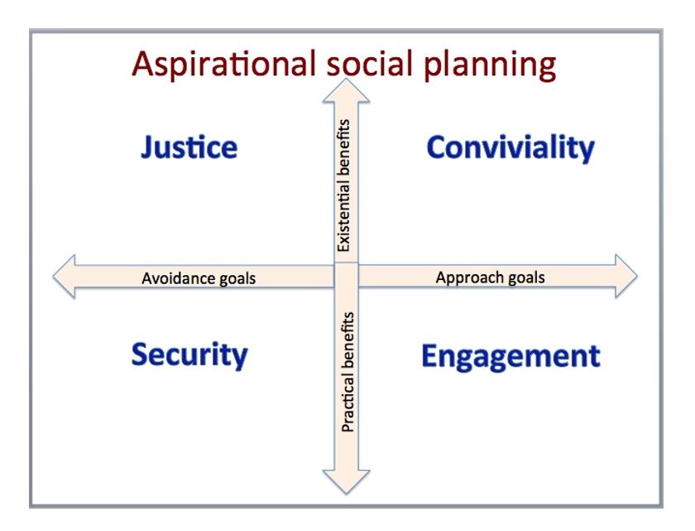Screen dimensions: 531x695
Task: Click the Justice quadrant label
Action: [189, 147]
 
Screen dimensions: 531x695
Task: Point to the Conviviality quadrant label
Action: [510, 148]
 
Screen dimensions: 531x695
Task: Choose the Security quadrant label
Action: [189, 355]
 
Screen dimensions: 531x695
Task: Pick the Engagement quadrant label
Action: [510, 356]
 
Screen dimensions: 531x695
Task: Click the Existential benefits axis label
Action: [345, 186]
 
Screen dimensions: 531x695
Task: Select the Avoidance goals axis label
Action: [199, 278]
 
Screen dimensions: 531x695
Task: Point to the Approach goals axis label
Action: [490, 278]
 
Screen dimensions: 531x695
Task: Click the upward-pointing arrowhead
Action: [347, 88]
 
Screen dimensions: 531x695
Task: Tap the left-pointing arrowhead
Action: [66, 276]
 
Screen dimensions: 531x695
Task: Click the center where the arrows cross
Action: [347, 275]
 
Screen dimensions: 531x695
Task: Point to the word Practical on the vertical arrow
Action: [347, 405]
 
